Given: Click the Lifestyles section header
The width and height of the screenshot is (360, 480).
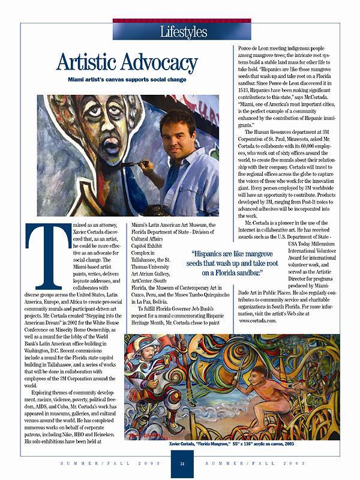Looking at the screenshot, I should click(184, 31).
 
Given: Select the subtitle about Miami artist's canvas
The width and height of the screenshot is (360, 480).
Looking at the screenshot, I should click(127, 79).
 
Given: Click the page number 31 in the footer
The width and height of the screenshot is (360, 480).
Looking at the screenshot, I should click(181, 464).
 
